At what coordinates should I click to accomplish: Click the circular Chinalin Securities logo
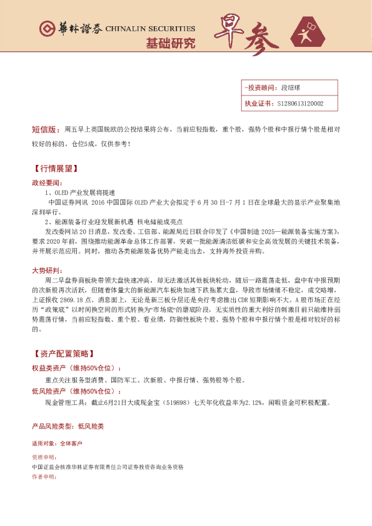click(x=46, y=29)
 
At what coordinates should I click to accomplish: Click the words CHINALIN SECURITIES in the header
click(x=150, y=29)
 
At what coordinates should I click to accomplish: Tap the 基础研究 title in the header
click(x=170, y=43)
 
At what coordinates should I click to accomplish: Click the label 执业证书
click(x=258, y=104)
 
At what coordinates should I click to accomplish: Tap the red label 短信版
click(x=44, y=130)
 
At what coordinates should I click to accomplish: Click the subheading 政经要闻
click(x=47, y=183)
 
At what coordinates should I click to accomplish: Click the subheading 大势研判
click(x=47, y=270)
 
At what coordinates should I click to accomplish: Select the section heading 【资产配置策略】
click(x=64, y=354)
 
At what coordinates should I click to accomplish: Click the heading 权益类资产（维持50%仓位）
click(x=78, y=368)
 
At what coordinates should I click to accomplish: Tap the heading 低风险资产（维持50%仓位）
click(x=78, y=390)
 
